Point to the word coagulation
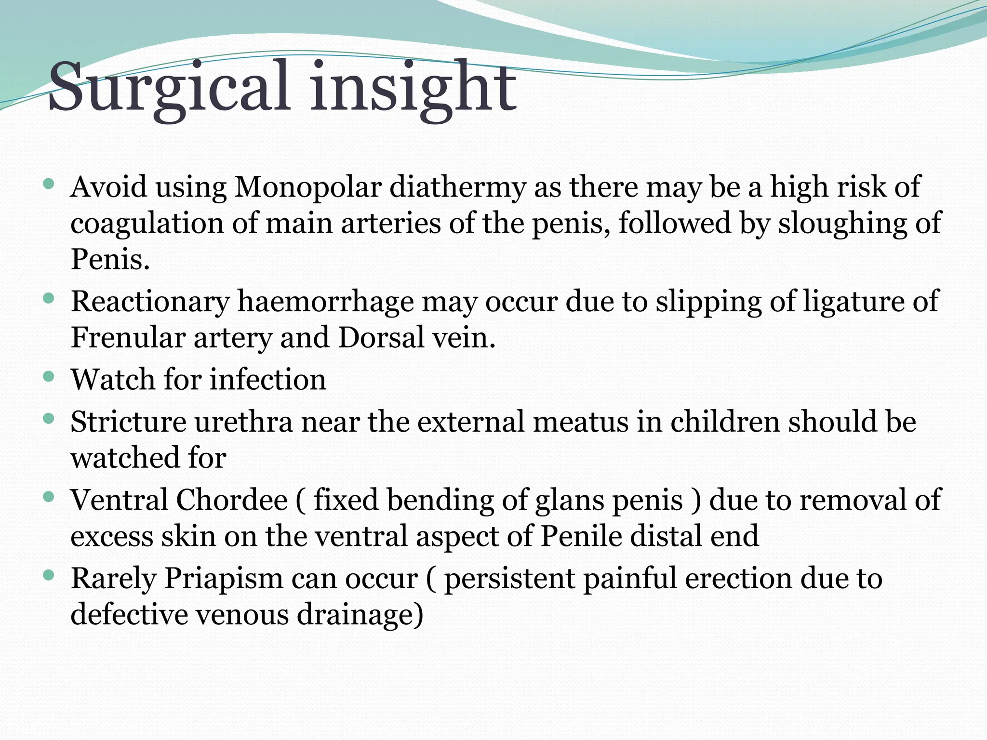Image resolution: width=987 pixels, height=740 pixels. point(147,224)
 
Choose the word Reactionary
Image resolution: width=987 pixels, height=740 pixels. point(150,302)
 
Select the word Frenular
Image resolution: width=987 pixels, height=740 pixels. point(128,338)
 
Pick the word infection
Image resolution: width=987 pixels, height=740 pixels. point(268,380)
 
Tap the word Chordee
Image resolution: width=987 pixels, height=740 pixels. point(231,500)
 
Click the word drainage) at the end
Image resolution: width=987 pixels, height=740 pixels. point(360,615)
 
